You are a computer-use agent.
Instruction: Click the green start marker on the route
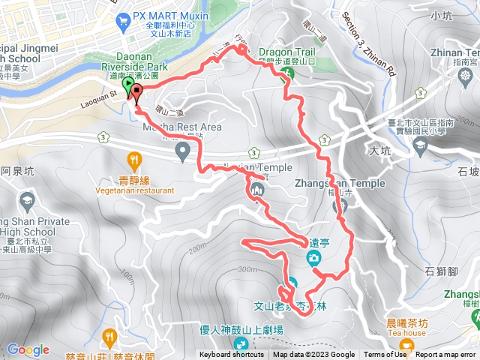click(x=127, y=85)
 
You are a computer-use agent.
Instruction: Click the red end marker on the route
click(x=137, y=91)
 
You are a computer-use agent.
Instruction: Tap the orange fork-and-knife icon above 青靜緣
click(x=134, y=159)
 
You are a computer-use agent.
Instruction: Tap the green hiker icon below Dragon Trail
click(x=286, y=73)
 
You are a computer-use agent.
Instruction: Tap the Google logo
click(x=28, y=349)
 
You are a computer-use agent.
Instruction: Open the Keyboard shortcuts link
click(x=232, y=355)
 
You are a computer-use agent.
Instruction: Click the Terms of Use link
click(x=385, y=355)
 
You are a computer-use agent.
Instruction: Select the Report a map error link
click(x=447, y=355)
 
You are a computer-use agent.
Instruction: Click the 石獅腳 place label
click(x=440, y=271)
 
